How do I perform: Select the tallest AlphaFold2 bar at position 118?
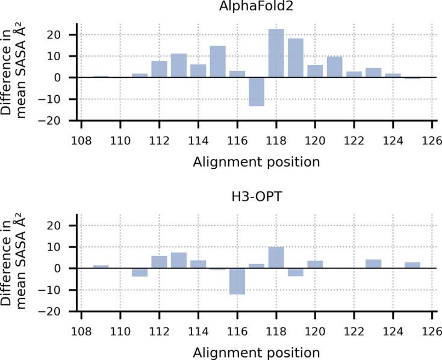[276, 53]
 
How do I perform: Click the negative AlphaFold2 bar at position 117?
[257, 92]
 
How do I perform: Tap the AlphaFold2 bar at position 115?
[217, 61]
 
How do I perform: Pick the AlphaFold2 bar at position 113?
[178, 66]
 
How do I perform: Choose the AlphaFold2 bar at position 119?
[296, 58]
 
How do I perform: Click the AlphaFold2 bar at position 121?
[335, 67]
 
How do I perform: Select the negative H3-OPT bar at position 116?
[237, 281]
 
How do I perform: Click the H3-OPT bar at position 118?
[276, 258]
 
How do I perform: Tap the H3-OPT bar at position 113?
[178, 261]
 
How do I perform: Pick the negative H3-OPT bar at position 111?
[140, 272]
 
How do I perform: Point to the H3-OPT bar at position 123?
[373, 264]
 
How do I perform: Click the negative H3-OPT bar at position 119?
[296, 272]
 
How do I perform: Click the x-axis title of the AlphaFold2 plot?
[257, 161]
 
